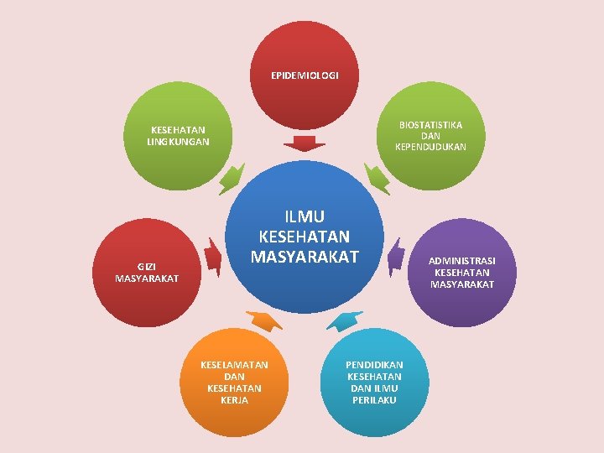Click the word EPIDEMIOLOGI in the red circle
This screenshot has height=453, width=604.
tap(305, 75)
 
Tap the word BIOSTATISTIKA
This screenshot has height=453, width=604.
tap(430, 125)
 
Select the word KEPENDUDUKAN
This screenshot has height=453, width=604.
tap(430, 147)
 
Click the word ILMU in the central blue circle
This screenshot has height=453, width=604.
tap(305, 217)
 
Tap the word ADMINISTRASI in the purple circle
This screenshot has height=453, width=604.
tap(462, 260)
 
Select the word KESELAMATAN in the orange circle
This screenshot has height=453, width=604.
tap(234, 365)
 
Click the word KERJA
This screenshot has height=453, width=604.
tap(234, 400)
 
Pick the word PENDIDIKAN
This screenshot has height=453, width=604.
tap(374, 365)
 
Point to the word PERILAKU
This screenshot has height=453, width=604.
tap(374, 400)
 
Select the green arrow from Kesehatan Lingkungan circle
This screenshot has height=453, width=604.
tap(230, 180)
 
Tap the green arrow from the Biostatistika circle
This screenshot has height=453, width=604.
tap(378, 179)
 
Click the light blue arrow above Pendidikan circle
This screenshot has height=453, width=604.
tap(344, 320)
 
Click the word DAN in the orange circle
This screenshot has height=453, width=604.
tap(234, 377)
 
